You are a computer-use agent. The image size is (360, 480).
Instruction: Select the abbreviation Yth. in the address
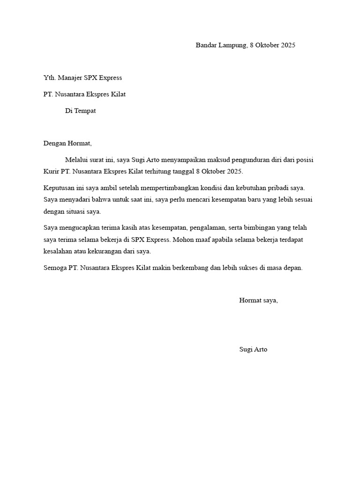49,78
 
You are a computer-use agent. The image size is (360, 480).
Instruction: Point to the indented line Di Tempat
80,111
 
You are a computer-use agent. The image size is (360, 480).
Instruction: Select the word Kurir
51,171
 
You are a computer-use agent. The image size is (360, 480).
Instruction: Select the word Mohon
184,240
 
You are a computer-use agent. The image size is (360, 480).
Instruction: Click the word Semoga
55,268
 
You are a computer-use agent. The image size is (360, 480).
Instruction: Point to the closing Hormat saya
258,300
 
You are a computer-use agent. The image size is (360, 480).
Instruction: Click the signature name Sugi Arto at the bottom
253,350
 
